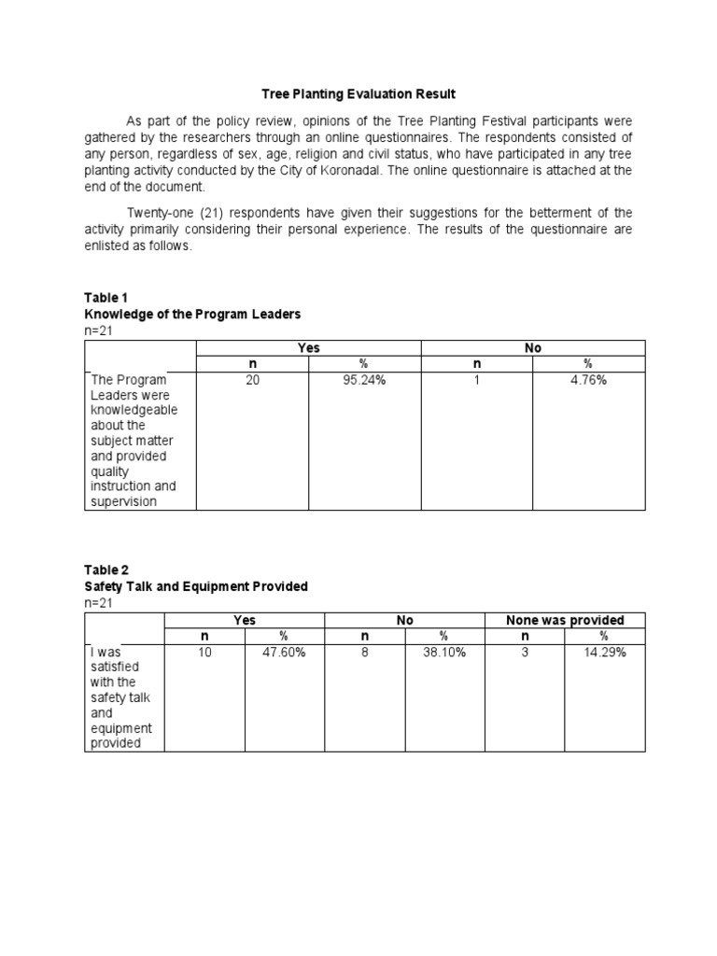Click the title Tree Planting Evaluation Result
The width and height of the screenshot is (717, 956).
tap(358, 94)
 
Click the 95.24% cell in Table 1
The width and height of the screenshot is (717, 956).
tap(363, 381)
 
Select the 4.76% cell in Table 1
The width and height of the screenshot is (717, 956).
tap(588, 381)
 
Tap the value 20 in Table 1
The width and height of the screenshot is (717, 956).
tap(252, 381)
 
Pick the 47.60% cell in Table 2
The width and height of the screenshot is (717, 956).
tap(284, 654)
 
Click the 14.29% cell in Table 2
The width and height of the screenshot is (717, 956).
tap(604, 654)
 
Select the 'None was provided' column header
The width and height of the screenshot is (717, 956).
tap(565, 620)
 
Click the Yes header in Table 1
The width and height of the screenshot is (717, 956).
tap(308, 348)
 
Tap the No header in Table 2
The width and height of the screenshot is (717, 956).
tap(404, 620)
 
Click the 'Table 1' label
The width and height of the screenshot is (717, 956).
tap(103, 298)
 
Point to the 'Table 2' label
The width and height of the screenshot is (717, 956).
tap(103, 569)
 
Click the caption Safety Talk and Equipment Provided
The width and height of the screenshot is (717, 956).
tap(196, 586)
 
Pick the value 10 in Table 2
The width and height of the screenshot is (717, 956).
tap(204, 654)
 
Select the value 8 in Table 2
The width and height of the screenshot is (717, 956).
tap(364, 654)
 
